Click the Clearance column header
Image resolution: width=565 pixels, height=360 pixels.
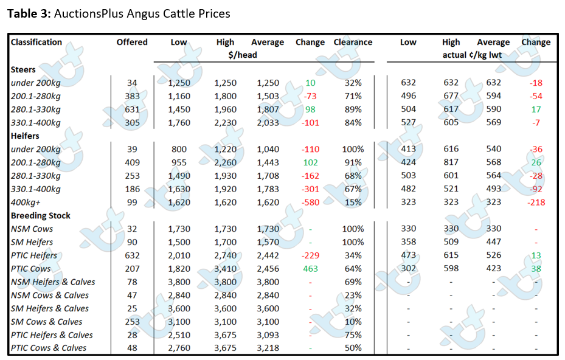(353, 42)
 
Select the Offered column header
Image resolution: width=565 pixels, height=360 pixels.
(132, 42)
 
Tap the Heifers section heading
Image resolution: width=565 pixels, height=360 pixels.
(25, 136)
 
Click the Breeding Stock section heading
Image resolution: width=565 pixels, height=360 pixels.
(40, 215)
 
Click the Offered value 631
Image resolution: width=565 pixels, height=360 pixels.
(132, 109)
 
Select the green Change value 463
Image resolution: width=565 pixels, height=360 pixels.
(310, 268)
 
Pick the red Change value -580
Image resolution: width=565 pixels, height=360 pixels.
(310, 202)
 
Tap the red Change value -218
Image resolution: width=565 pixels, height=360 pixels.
(536, 202)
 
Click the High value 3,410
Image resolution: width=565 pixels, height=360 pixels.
(225, 268)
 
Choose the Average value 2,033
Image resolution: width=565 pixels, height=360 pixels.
(268, 122)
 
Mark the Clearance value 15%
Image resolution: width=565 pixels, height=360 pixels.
(353, 202)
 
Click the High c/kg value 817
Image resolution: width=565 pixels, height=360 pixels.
(451, 162)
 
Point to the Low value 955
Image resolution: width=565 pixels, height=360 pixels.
(179, 162)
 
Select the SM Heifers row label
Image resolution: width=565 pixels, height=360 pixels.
(32, 242)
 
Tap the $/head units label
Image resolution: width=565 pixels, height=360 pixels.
(243, 55)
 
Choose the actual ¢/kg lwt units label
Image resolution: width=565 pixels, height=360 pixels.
(472, 55)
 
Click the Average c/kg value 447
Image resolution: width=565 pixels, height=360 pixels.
(493, 242)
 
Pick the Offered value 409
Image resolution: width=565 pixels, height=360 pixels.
(132, 162)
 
